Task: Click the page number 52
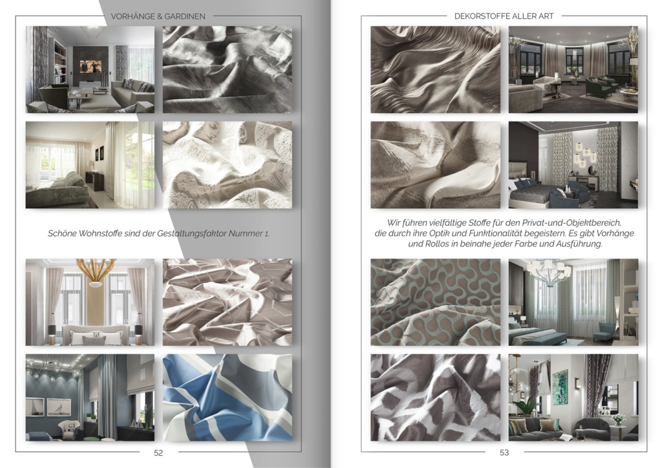(158, 452)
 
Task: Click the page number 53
(504, 452)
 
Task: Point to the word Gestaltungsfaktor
(191, 233)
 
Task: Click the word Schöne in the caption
(61, 233)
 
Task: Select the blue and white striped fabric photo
(228, 398)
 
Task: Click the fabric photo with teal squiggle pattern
(435, 302)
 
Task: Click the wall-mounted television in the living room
(91, 66)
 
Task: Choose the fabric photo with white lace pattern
(228, 165)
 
